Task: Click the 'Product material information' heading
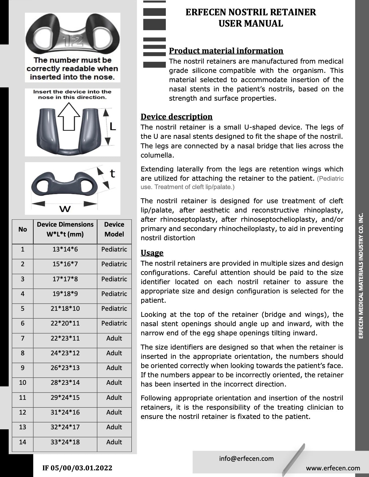[226, 51]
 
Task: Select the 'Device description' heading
[177, 117]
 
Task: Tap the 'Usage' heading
[152, 253]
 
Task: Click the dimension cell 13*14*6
[65, 249]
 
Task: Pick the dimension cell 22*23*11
[65, 338]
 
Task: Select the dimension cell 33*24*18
[65, 442]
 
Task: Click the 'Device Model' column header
[114, 229]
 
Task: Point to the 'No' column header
[23, 229]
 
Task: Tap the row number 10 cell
[23, 382]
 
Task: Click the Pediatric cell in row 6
[114, 323]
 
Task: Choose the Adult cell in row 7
[114, 338]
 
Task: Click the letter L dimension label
[112, 126]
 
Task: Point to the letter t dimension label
[112, 173]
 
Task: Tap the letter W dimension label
[65, 208]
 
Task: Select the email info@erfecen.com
[246, 458]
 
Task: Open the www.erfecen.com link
[333, 468]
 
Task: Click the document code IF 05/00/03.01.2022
[77, 468]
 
